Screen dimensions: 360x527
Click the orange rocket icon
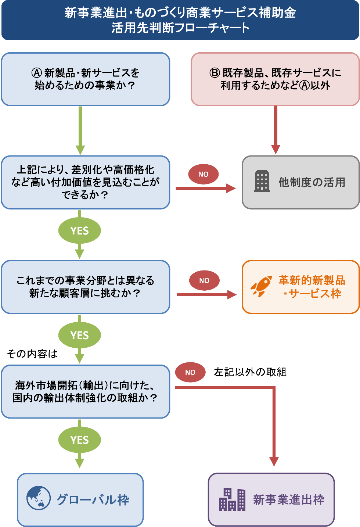[261, 286]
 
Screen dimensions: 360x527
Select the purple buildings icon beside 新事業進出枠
[232, 499]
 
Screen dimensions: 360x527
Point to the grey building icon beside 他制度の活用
[262, 181]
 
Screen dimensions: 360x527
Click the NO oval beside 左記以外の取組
[190, 372]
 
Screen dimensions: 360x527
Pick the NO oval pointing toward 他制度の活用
[204, 174]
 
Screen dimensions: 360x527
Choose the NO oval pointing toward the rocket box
[204, 280]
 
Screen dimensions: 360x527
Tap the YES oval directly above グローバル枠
[79, 440]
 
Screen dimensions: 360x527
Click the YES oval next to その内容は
[79, 335]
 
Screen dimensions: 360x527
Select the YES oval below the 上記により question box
[79, 230]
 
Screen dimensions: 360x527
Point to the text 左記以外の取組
[250, 372]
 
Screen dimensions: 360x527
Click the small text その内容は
[32, 354]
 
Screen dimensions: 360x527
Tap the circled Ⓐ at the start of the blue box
[37, 73]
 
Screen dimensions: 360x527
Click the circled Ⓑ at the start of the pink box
[215, 73]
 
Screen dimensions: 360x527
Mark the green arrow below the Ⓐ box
[80, 130]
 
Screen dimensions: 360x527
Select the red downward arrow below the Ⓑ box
[276, 130]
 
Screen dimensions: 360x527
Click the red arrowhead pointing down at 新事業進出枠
[274, 462]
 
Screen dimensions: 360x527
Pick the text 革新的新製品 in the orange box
[312, 280]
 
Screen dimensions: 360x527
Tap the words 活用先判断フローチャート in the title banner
[180, 28]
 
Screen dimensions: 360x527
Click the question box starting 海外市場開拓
[85, 392]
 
